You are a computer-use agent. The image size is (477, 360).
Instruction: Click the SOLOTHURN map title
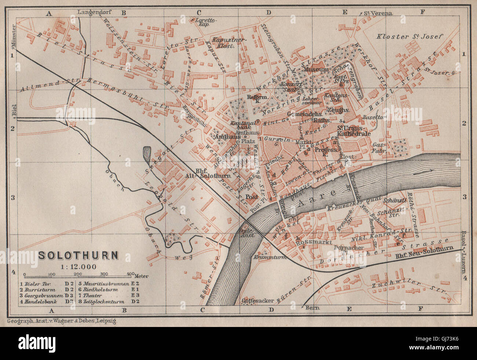pyautogui.click(x=79, y=255)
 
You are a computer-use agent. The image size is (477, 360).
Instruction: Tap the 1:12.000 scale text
pyautogui.click(x=78, y=266)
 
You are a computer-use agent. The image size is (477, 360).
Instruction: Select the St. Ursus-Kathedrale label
pyautogui.click(x=354, y=131)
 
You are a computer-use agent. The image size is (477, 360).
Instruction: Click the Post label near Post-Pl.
pyautogui.click(x=252, y=196)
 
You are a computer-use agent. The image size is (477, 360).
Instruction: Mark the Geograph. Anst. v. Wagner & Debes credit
pyautogui.click(x=61, y=321)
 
